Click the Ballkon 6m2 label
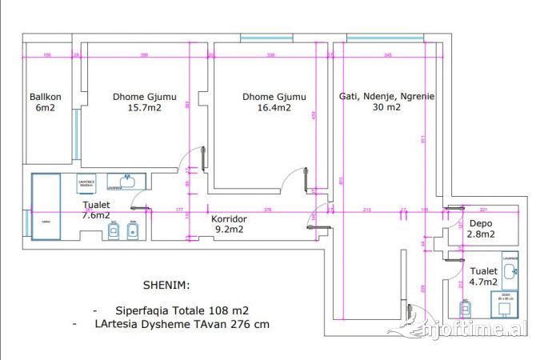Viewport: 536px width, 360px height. pyautogui.click(x=43, y=102)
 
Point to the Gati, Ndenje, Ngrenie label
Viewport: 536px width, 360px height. pyautogui.click(x=386, y=101)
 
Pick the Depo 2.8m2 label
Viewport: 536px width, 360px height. pyautogui.click(x=482, y=229)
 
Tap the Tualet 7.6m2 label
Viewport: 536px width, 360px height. pyautogui.click(x=97, y=210)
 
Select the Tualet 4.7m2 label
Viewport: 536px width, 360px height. pyautogui.click(x=483, y=276)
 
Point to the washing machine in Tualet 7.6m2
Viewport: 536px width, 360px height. pyautogui.click(x=87, y=184)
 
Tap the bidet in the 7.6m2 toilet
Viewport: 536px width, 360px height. pyautogui.click(x=134, y=231)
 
